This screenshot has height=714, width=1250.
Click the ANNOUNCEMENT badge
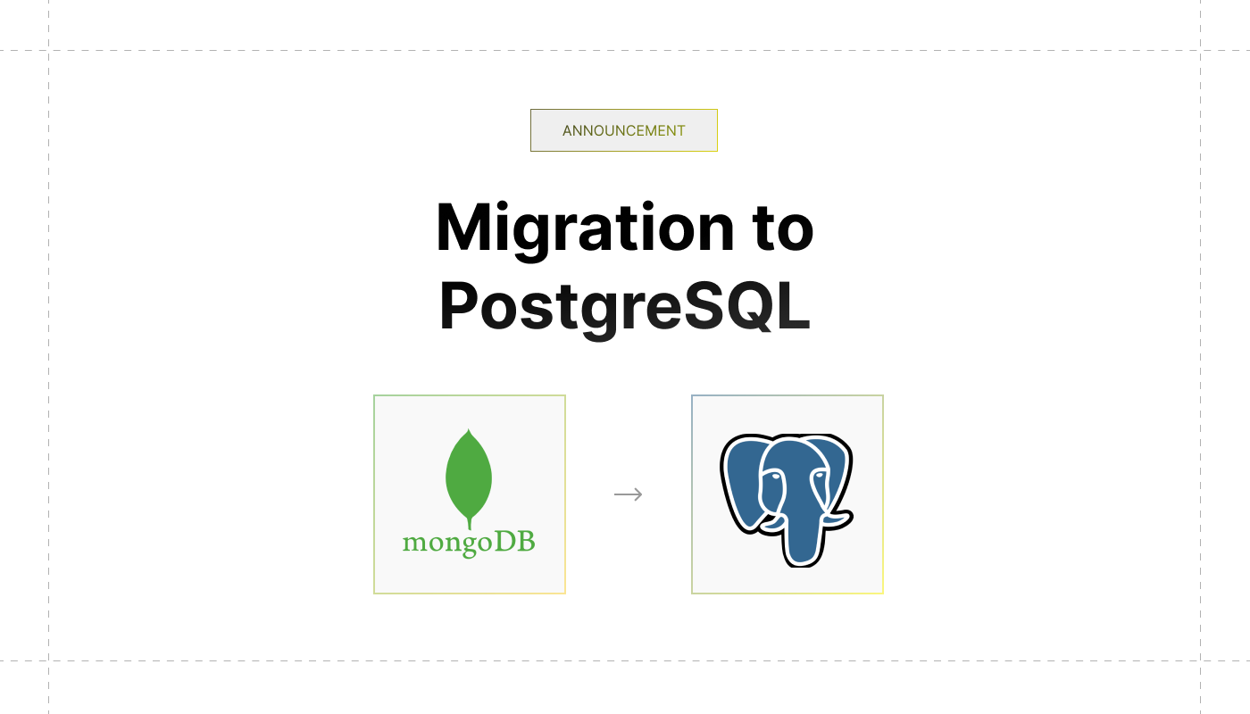pos(623,130)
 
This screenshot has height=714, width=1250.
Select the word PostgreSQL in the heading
pos(624,307)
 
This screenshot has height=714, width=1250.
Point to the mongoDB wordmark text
pos(469,543)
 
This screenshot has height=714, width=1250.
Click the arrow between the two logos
pos(628,494)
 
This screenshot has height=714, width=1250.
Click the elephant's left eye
pos(775,477)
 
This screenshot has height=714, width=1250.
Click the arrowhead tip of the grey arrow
pos(641,494)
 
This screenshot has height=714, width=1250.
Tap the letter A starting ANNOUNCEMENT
pos(568,130)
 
